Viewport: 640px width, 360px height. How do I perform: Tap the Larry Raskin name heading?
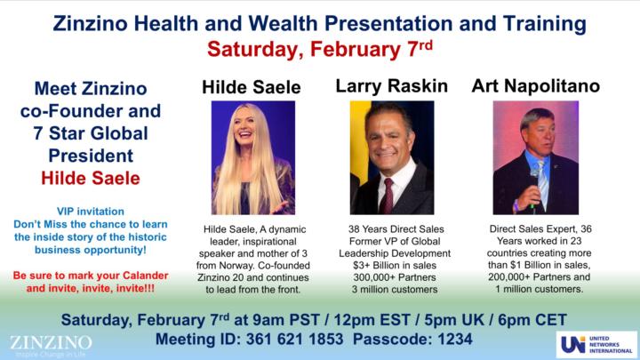[x=391, y=86]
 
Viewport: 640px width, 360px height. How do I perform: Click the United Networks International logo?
[x=596, y=344]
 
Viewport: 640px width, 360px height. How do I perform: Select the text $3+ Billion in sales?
[x=391, y=264]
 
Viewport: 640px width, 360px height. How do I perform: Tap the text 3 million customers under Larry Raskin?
[x=391, y=289]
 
